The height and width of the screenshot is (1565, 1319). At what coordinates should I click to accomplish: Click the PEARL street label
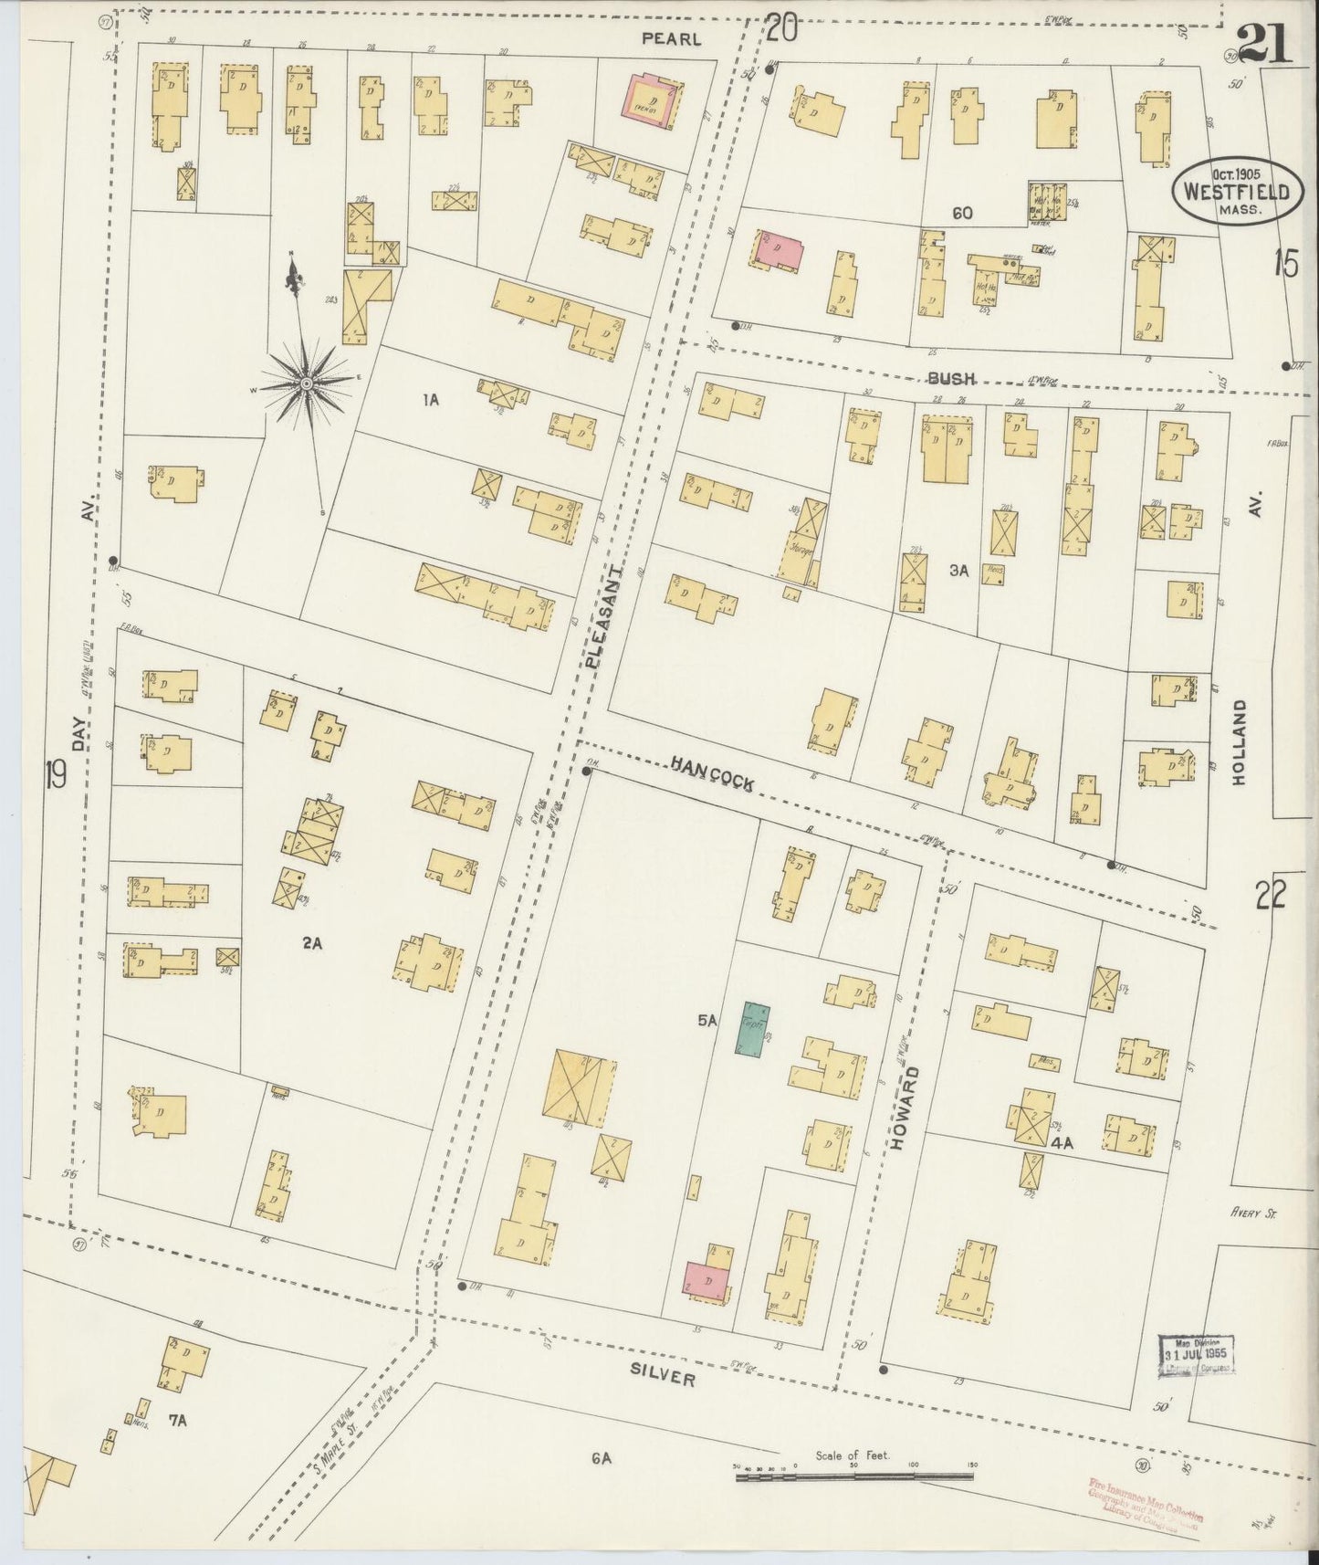(671, 38)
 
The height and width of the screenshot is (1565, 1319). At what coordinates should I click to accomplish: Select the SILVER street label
(664, 1378)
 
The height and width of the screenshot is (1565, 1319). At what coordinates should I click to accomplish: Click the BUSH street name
(951, 378)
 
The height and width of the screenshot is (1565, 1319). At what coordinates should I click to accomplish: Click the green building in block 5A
(754, 1031)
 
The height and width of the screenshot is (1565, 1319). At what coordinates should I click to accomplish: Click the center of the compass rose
(307, 384)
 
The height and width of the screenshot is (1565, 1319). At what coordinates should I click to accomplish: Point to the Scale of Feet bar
(854, 1475)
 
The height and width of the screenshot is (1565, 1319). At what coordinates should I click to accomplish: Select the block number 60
(961, 213)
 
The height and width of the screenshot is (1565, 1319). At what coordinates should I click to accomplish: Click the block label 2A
(313, 944)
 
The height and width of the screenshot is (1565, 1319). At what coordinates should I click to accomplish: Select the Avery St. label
(1250, 1213)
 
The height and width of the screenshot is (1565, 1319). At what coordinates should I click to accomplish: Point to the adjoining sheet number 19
(55, 776)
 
